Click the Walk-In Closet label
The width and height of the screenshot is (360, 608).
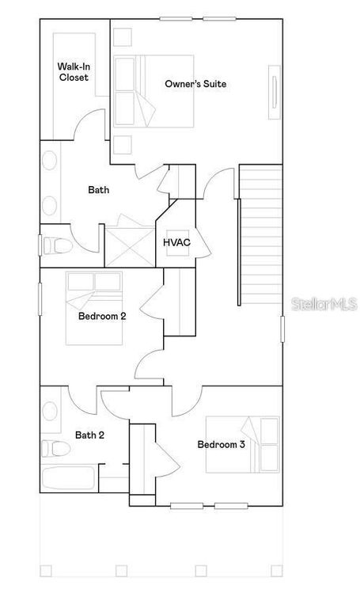point(73,72)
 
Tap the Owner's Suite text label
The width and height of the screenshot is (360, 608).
point(190,83)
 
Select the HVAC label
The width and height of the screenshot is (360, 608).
point(176,242)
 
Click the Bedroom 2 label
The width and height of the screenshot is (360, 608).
point(102,316)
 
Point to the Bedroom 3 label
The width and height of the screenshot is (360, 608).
point(221,444)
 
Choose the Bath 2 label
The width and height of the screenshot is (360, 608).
point(89,435)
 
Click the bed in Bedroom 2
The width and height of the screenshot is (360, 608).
point(94,308)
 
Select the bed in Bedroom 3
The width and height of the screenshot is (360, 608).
point(243,444)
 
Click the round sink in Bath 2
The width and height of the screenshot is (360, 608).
point(51,412)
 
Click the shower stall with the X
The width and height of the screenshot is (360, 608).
point(129,244)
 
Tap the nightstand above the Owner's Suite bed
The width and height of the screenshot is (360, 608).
point(122,38)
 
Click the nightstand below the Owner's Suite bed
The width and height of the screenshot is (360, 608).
point(122,144)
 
